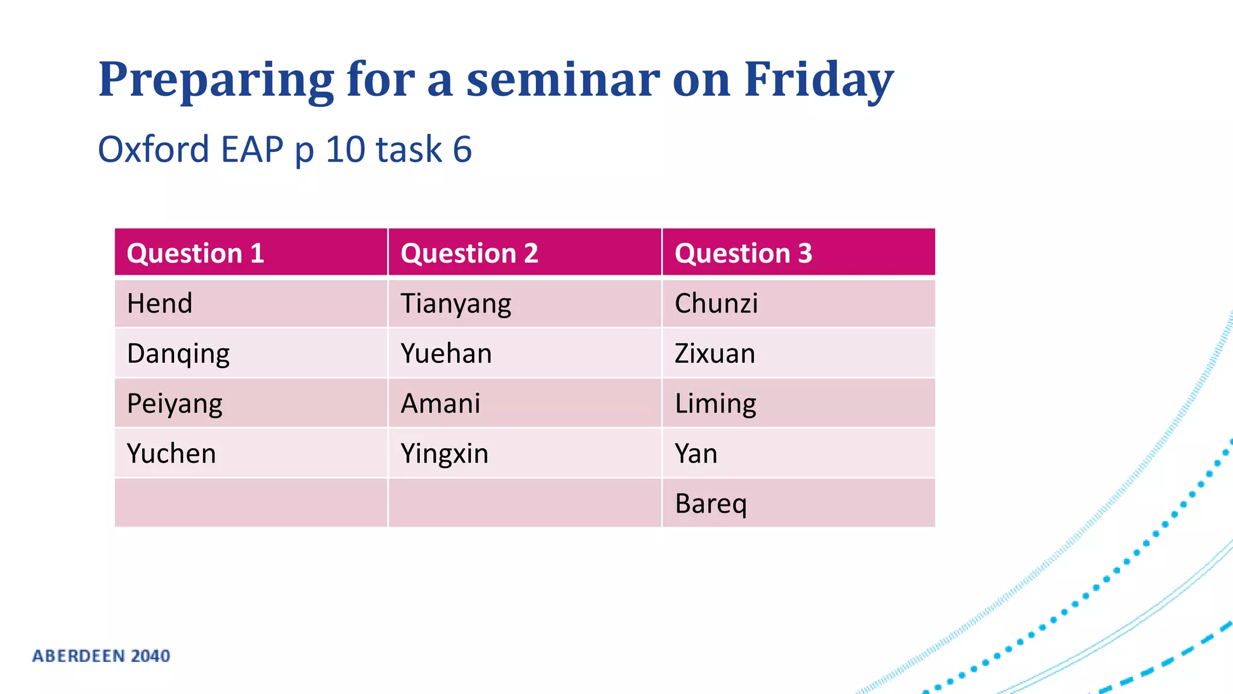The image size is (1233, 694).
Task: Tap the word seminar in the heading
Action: click(x=563, y=80)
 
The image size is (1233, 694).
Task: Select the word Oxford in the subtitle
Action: click(x=154, y=149)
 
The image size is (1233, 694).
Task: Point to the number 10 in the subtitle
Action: click(x=345, y=149)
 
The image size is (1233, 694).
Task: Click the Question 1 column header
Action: click(x=195, y=253)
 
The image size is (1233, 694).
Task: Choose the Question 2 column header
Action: click(x=469, y=253)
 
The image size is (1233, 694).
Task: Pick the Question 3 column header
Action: click(x=743, y=253)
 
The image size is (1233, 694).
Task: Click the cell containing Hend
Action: click(x=160, y=303)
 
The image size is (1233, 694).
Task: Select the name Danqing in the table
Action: click(x=178, y=354)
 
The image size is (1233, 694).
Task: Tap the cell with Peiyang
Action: click(x=175, y=404)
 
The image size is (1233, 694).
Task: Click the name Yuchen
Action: click(x=171, y=454)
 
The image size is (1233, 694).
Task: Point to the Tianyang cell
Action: click(x=456, y=304)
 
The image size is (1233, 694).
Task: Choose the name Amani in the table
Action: click(x=441, y=404)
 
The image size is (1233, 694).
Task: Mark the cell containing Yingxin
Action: click(x=444, y=454)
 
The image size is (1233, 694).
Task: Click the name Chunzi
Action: click(x=716, y=303)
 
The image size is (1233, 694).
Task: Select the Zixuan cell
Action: click(x=715, y=354)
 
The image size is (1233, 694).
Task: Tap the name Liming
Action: click(x=715, y=404)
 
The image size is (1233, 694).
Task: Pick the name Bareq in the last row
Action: click(x=710, y=504)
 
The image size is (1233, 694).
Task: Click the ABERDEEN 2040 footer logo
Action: click(x=101, y=655)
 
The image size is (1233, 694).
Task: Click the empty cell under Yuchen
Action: click(x=250, y=503)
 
